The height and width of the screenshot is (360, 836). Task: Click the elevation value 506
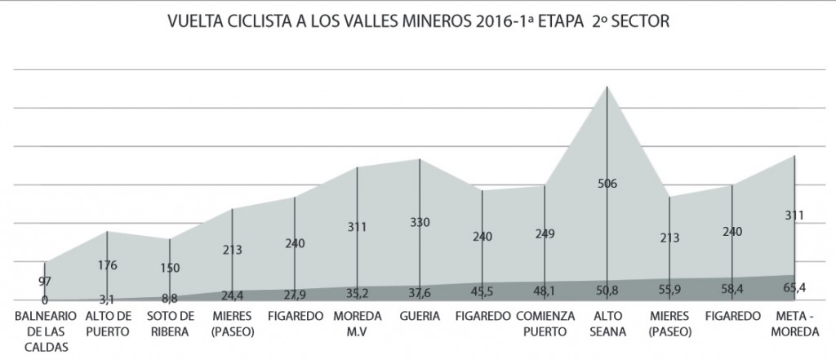pyautogui.click(x=607, y=184)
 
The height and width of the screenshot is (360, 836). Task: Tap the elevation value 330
pyautogui.click(x=420, y=222)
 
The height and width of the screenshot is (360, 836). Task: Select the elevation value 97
pyautogui.click(x=44, y=281)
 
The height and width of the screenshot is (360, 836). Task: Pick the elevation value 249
pyautogui.click(x=545, y=233)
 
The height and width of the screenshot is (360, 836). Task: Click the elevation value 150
pyautogui.click(x=169, y=268)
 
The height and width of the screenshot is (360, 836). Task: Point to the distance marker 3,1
pyautogui.click(x=108, y=300)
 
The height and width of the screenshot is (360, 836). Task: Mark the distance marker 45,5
pyautogui.click(x=482, y=288)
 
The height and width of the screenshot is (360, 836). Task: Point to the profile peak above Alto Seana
pyautogui.click(x=607, y=87)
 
